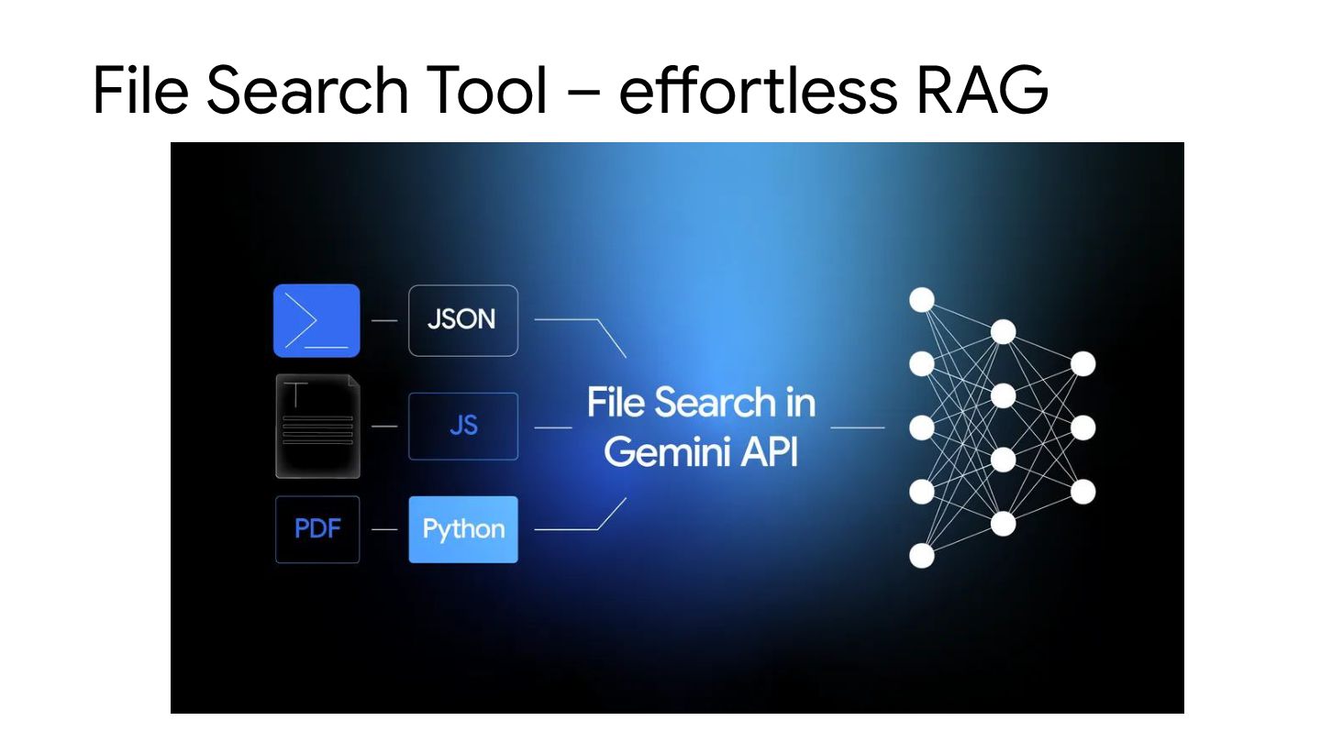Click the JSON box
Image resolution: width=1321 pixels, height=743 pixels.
[462, 320]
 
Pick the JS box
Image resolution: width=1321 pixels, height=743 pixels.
[462, 426]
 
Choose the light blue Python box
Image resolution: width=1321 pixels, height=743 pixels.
[462, 529]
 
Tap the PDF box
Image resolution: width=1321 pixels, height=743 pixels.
[317, 529]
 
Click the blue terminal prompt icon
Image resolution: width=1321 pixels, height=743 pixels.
[316, 320]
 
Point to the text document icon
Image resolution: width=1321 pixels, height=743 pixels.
[317, 426]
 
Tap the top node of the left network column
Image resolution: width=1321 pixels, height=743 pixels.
[921, 300]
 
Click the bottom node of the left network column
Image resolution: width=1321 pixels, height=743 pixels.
[921, 555]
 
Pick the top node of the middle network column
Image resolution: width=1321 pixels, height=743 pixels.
[1003, 331]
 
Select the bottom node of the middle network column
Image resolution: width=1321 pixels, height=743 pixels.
[1003, 523]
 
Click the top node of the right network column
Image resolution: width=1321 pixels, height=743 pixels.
[1083, 363]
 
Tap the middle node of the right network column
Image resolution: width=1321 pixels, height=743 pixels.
[1083, 427]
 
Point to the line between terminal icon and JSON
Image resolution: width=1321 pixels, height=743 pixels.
[384, 320]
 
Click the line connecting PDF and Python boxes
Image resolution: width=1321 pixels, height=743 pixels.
[384, 529]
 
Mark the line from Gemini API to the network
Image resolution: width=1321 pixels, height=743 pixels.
[857, 427]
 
